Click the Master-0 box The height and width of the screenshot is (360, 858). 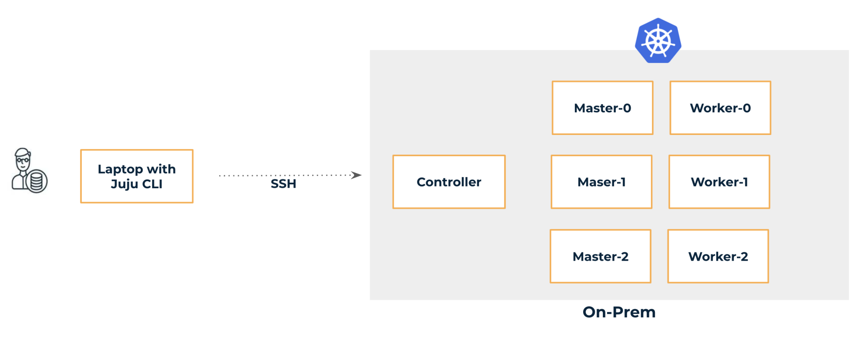(602, 108)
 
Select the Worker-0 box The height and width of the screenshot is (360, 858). (720, 108)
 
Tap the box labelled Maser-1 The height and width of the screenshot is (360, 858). (601, 182)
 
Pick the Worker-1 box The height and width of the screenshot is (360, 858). (719, 182)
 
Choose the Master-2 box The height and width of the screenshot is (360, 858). (600, 256)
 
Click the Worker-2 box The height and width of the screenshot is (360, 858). (718, 256)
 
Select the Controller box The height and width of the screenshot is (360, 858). (449, 182)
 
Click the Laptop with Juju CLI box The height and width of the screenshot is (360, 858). (137, 176)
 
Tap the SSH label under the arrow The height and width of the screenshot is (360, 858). (283, 184)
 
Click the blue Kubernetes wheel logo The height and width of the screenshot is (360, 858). (658, 41)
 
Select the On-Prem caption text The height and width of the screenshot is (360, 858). (619, 312)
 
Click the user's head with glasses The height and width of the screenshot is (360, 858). (23, 160)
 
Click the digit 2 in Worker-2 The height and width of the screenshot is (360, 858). (744, 256)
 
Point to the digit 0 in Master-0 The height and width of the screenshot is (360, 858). (627, 108)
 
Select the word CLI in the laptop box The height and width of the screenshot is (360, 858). (152, 184)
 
